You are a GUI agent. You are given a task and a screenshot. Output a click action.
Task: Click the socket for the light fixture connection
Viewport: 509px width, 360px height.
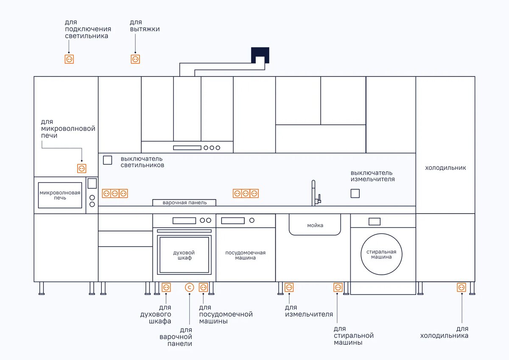[69, 59]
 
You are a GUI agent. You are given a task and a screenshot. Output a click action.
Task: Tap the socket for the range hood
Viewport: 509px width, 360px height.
[135, 59]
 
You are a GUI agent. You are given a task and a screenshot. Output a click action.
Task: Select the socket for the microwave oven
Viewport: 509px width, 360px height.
[82, 169]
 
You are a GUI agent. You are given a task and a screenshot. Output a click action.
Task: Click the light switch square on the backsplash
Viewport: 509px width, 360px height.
[108, 160]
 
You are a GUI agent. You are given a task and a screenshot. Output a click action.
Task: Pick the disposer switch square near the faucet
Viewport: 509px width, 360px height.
[355, 194]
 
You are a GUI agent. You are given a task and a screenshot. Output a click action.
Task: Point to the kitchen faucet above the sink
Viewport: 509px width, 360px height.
[314, 193]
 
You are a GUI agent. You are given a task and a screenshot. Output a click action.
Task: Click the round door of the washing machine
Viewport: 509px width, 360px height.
[382, 254]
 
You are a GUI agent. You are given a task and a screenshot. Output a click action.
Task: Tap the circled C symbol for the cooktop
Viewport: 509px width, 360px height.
[189, 287]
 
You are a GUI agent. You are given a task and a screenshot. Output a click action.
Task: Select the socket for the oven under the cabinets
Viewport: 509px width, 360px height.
[166, 287]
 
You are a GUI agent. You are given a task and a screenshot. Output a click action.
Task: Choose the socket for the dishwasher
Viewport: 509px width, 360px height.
[203, 287]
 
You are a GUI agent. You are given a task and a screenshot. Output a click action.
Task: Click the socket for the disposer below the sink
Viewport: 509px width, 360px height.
[289, 287]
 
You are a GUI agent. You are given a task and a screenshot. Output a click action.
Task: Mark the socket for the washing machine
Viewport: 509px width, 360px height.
[338, 287]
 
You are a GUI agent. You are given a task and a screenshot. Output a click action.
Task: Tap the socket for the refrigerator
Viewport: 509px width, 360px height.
[461, 287]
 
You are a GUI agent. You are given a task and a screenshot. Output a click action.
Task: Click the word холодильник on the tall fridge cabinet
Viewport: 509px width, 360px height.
[445, 168]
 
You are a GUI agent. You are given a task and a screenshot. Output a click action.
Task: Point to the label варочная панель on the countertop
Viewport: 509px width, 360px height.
[185, 202]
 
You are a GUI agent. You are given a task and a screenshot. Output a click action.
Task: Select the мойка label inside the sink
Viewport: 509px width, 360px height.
[315, 225]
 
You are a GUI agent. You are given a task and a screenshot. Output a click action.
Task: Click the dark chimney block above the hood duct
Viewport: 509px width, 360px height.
[260, 54]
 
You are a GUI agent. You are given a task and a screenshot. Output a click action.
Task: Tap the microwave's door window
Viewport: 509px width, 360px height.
[60, 195]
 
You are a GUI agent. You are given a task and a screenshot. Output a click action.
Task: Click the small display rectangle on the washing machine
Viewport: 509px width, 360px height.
[375, 221]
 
